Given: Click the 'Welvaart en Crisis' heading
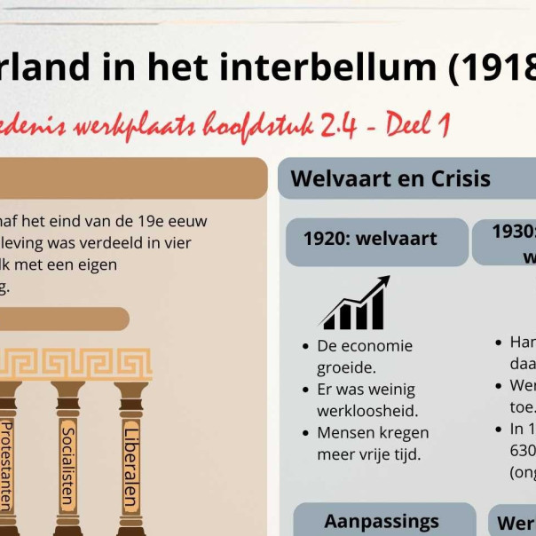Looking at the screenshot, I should point(390,177).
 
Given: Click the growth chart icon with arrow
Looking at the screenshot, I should point(355,303).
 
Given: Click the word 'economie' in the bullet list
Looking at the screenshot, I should point(378,346).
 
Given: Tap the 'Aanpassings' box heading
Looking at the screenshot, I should point(382,521).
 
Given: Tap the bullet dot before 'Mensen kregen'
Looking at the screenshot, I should point(303,433).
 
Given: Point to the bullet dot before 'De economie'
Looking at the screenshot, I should point(303,346).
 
